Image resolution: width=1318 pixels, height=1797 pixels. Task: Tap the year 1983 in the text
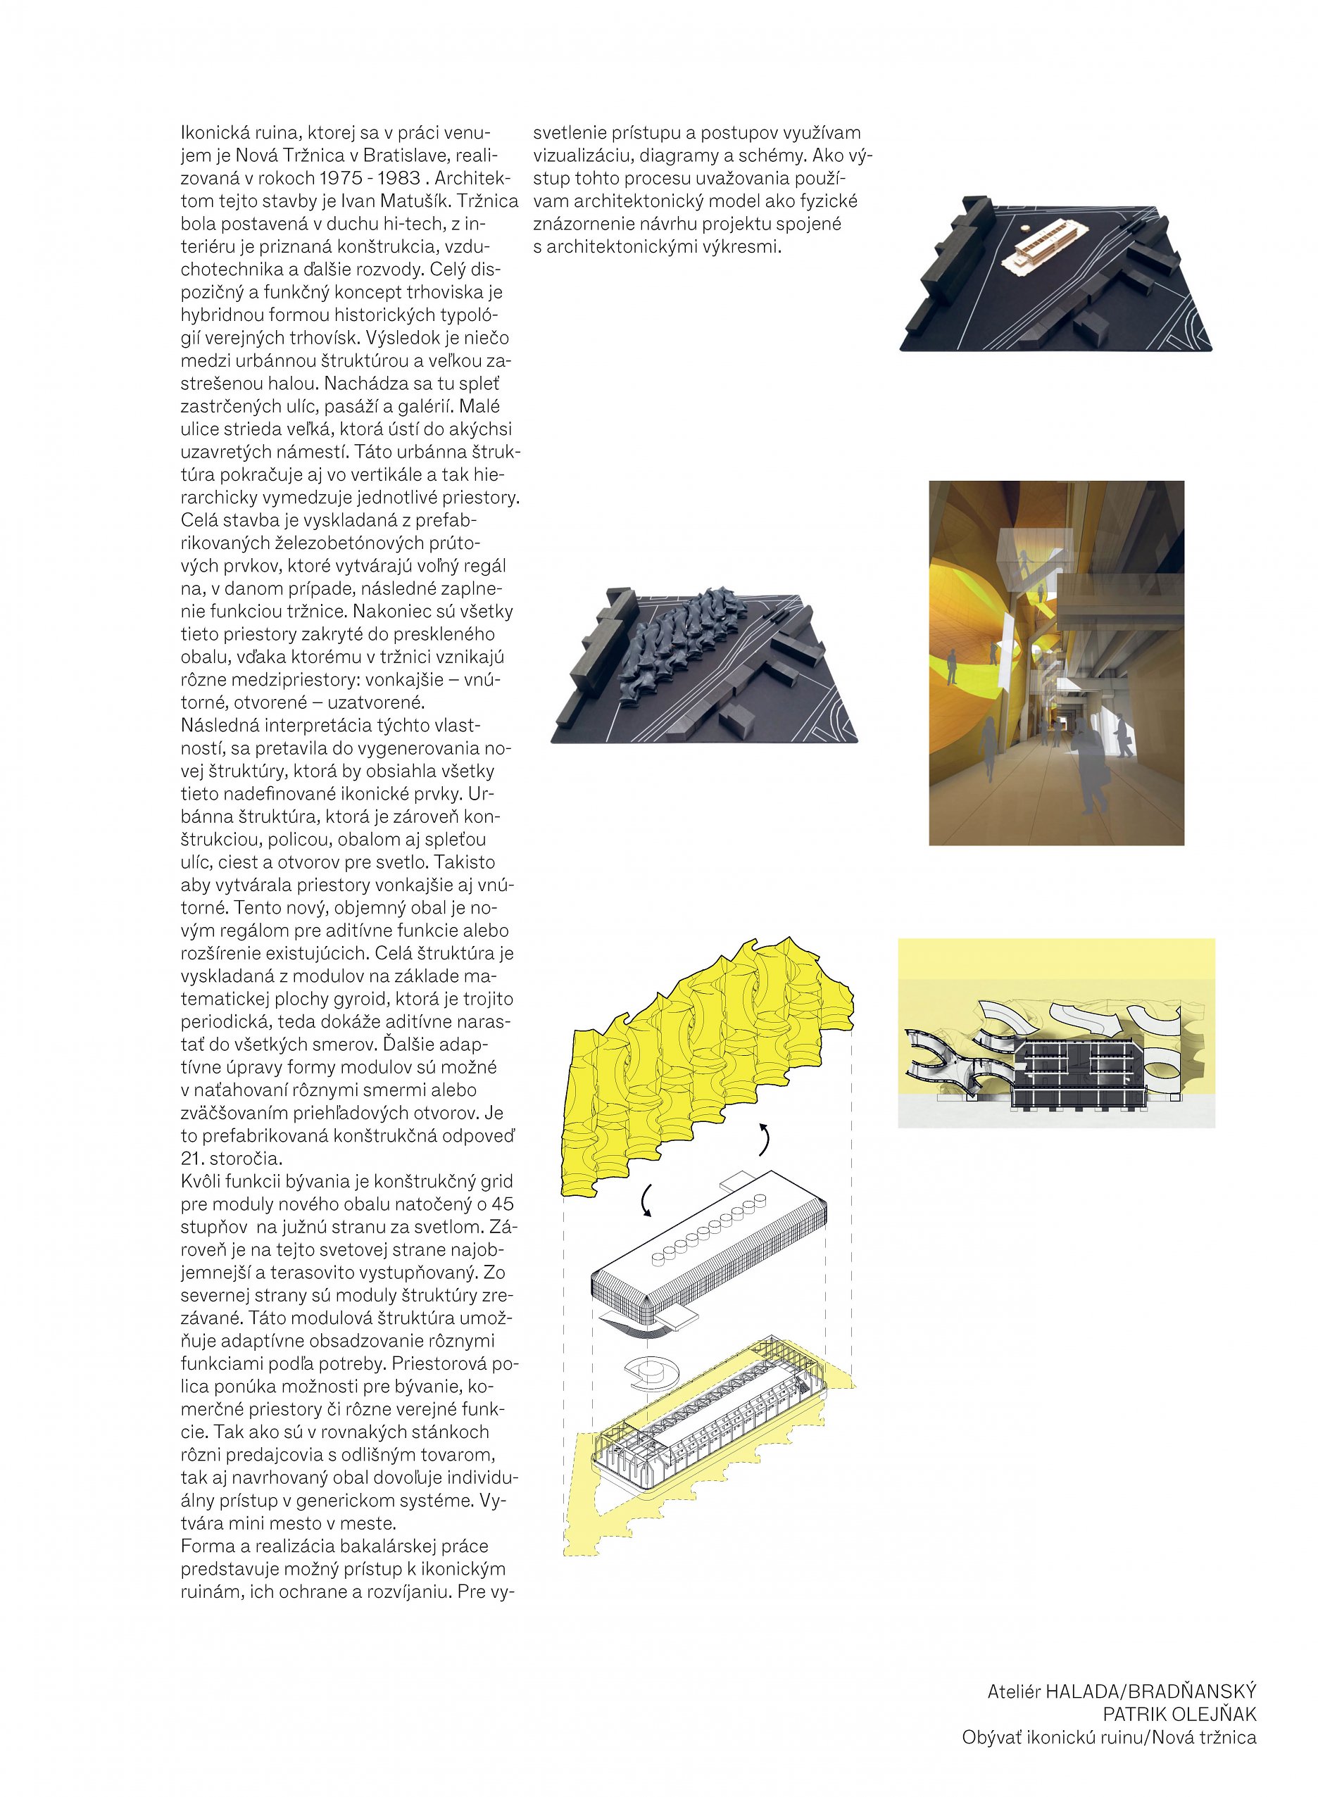click(397, 178)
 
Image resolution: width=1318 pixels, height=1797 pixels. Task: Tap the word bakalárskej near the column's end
click(373, 1546)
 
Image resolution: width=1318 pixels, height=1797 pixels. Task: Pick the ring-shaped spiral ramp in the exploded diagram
click(651, 1372)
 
